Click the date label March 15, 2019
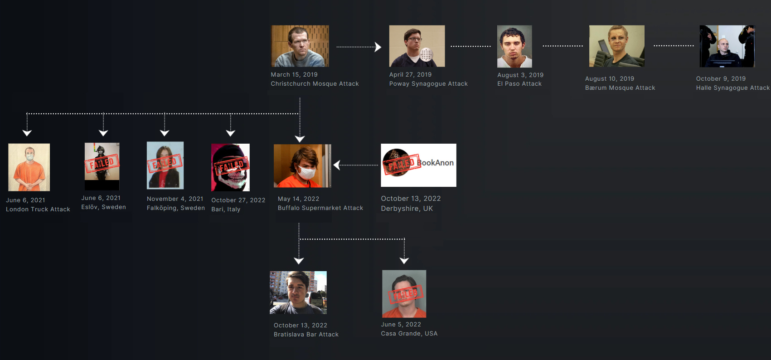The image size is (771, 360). coord(294,75)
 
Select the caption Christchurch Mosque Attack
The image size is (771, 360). coord(315,84)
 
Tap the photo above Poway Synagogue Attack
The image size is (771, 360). coord(417,46)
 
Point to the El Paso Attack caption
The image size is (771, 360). coord(519,84)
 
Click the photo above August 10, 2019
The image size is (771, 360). coord(616,46)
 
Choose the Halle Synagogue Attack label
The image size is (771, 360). coord(732,88)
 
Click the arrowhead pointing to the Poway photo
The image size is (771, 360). coord(378,47)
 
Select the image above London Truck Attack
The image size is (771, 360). coord(29,167)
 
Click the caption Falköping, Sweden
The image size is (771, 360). coord(176,208)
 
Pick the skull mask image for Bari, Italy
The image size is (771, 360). coord(230,167)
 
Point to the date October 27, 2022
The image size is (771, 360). coord(238,200)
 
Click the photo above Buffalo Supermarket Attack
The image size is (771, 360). coord(302,166)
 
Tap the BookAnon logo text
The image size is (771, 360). coord(436,163)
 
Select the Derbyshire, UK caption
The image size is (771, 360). coord(407,209)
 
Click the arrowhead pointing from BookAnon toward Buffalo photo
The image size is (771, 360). coord(337,165)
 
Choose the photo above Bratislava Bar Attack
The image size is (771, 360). coord(298,293)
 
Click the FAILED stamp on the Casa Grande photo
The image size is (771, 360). coord(405,294)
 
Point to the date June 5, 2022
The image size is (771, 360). coord(401,325)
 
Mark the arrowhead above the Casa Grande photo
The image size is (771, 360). coord(404,261)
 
